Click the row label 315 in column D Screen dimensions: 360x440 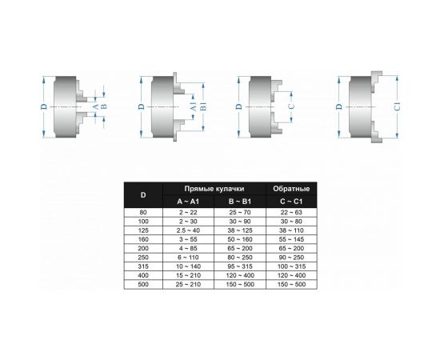[143, 265]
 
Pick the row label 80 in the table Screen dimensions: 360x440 [143, 212]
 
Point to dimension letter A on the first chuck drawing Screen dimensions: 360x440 [94, 106]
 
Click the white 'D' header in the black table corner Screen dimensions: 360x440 [143, 194]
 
